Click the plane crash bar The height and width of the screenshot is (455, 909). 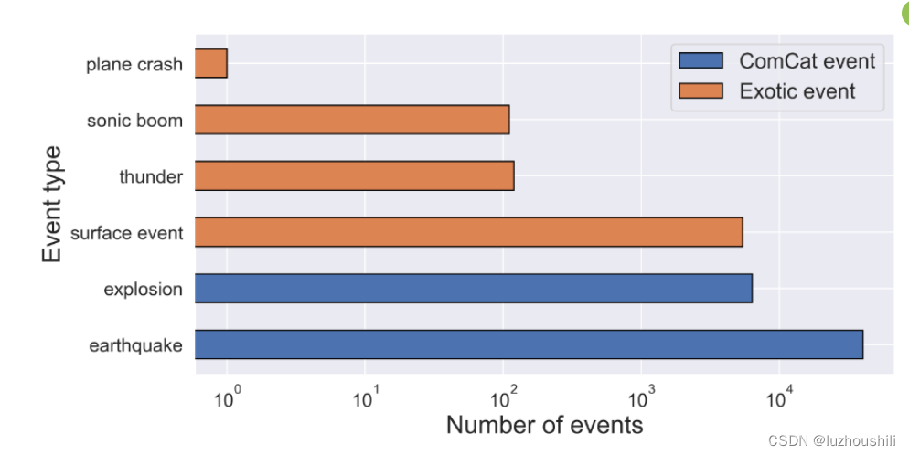click(x=211, y=64)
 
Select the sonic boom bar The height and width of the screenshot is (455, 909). click(x=352, y=120)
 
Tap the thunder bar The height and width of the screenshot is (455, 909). click(x=355, y=175)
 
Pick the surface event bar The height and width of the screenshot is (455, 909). click(x=468, y=232)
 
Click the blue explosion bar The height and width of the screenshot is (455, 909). click(x=474, y=289)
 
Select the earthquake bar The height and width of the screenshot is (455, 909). click(x=529, y=344)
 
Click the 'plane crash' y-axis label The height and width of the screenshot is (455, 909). click(x=134, y=65)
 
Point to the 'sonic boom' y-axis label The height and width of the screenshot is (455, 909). click(x=134, y=121)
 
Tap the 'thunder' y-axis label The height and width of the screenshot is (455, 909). click(x=151, y=176)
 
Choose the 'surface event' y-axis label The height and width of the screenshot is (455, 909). click(x=127, y=233)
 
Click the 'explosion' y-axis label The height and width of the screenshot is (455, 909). click(x=144, y=290)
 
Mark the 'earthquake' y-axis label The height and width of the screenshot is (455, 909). click(x=136, y=345)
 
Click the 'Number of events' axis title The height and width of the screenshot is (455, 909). click(x=544, y=425)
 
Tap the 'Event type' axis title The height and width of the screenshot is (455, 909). click(x=53, y=204)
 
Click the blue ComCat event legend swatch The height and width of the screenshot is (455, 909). click(x=700, y=60)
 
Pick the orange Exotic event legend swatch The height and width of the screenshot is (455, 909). click(x=700, y=90)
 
